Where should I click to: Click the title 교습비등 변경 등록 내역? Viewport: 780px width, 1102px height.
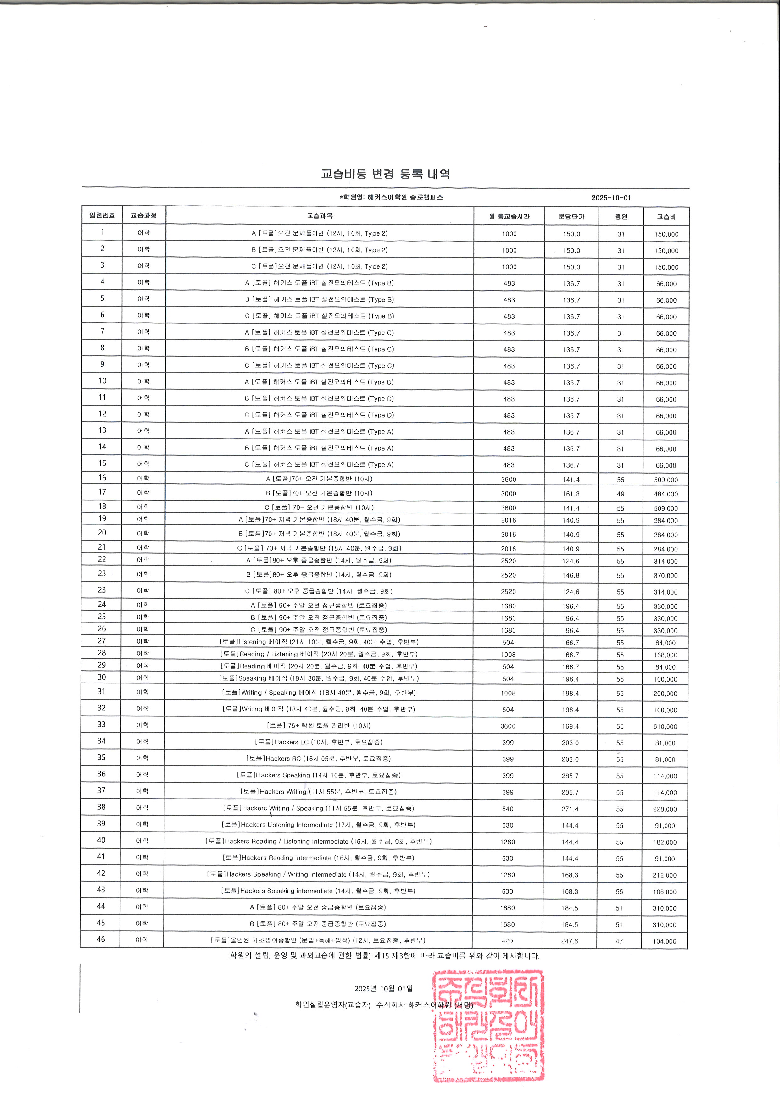click(x=385, y=174)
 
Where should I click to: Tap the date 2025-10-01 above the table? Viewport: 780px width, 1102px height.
click(x=611, y=198)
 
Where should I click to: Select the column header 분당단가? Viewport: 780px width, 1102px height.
click(x=571, y=217)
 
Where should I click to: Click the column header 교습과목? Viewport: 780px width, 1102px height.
click(x=320, y=216)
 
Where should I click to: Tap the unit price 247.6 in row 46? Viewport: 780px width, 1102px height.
click(x=570, y=941)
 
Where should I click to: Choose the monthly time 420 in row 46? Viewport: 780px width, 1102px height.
click(x=507, y=941)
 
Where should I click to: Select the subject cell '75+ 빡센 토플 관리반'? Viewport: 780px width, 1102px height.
click(x=318, y=726)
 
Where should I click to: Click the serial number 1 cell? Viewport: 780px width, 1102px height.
click(x=102, y=232)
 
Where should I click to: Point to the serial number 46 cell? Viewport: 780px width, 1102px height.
click(x=101, y=939)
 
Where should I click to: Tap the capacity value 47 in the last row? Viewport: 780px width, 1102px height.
click(x=619, y=941)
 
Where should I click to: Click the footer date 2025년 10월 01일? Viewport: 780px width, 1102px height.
click(x=383, y=989)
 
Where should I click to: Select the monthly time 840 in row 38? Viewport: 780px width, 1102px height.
click(x=508, y=809)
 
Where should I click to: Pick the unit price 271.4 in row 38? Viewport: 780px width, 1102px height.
click(x=570, y=809)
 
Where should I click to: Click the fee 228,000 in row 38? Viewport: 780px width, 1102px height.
click(x=665, y=809)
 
